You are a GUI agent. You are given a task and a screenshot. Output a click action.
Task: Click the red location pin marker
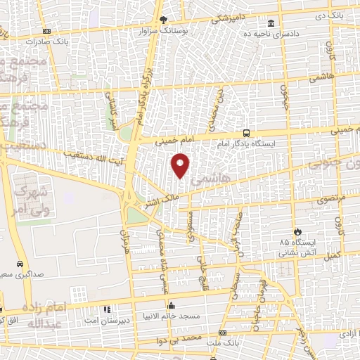[x=181, y=165]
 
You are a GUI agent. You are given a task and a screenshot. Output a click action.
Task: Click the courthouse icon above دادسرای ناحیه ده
[x=271, y=22]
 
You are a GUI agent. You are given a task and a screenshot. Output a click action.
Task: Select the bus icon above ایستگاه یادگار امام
[x=245, y=132]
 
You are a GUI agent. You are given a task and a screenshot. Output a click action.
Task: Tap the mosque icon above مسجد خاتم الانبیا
[x=172, y=306]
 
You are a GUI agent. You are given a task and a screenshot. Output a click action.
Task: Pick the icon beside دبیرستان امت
[x=106, y=309]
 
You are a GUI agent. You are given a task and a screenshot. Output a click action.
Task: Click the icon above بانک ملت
[x=223, y=333]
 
